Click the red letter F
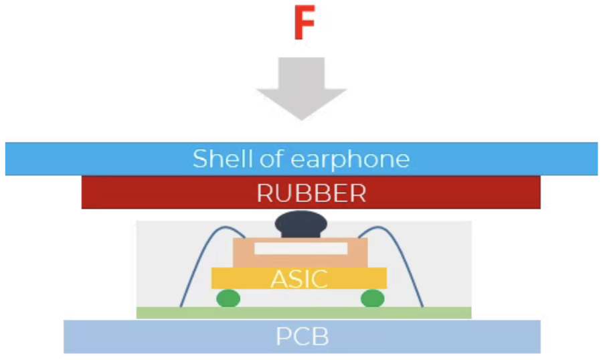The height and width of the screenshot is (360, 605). (305, 22)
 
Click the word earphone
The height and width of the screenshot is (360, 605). (349, 160)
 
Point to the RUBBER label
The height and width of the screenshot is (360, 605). (311, 193)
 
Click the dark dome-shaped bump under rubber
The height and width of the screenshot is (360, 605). (301, 225)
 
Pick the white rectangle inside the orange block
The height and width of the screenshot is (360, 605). (301, 248)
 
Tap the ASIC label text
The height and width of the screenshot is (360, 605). (299, 279)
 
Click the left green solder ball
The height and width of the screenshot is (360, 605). (228, 298)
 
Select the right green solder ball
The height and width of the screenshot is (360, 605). (372, 298)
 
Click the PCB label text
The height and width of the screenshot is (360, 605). (302, 337)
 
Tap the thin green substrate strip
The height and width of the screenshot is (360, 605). (304, 312)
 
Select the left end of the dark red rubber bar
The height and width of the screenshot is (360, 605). (82, 192)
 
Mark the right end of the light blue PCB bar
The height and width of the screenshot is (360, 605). (540, 337)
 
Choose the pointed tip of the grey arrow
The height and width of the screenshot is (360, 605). (301, 120)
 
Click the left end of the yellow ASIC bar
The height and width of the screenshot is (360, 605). (212, 278)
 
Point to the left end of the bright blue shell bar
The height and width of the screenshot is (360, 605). (6, 159)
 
